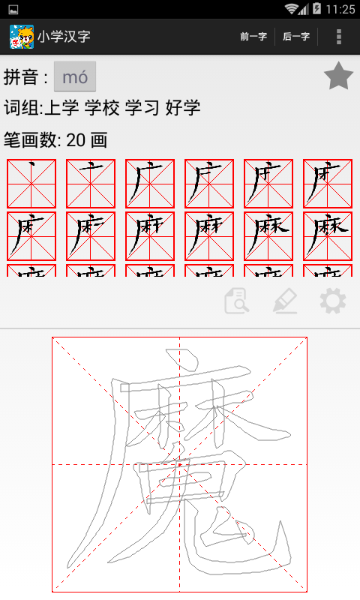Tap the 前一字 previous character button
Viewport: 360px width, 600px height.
point(253,36)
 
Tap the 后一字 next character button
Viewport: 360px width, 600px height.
point(296,36)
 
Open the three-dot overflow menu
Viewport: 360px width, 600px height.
point(339,36)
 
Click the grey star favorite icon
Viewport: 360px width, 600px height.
point(338,76)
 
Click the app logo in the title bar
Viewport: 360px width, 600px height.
point(21,36)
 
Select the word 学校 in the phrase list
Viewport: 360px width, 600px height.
point(101,108)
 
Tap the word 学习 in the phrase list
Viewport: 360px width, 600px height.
point(142,108)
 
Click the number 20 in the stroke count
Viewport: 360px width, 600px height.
point(75,140)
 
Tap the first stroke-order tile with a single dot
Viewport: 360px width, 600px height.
point(31,183)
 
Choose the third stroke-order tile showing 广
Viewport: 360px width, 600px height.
point(150,183)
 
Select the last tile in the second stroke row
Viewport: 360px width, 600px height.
point(328,235)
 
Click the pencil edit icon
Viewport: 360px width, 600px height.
point(284,301)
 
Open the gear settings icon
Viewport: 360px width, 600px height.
point(332,301)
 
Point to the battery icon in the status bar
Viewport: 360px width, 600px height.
point(317,9)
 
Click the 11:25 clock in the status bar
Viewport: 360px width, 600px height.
point(340,9)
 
